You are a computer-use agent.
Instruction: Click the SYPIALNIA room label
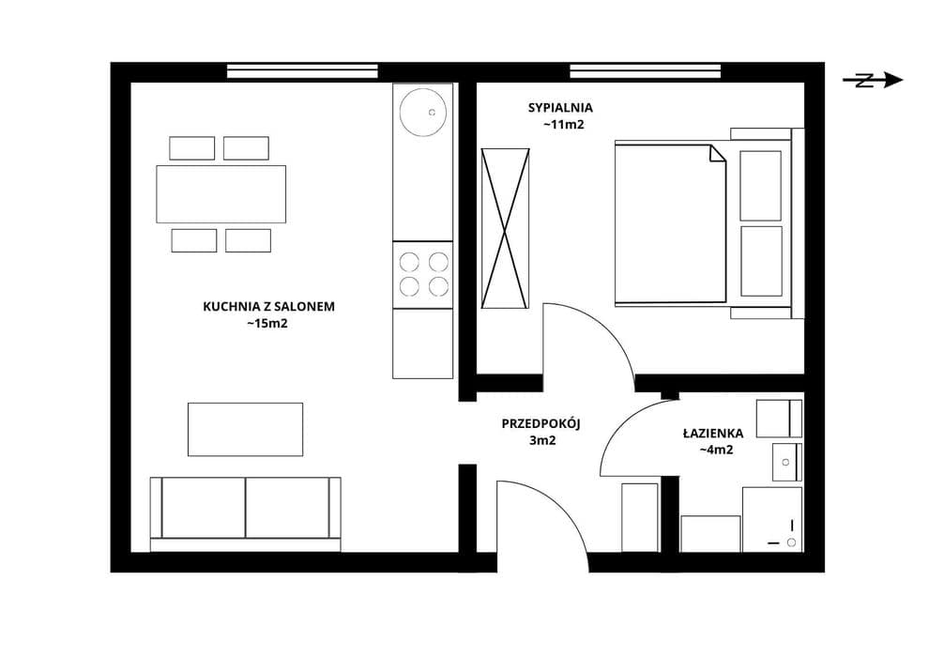pyautogui.click(x=560, y=108)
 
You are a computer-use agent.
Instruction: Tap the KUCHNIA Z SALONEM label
pyautogui.click(x=269, y=306)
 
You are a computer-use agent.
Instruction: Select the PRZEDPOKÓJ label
pyautogui.click(x=541, y=423)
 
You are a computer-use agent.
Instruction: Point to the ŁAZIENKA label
pyautogui.click(x=713, y=433)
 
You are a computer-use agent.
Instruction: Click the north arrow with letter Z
pyautogui.click(x=873, y=80)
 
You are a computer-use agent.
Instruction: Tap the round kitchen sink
pyautogui.click(x=422, y=112)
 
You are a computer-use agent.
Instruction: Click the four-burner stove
pyautogui.click(x=422, y=274)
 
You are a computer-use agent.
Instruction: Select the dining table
pyautogui.click(x=221, y=194)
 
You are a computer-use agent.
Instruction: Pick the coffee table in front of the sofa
pyautogui.click(x=245, y=430)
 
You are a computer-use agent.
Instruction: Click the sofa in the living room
pyautogui.click(x=245, y=514)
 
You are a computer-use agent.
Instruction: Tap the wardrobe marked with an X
pyautogui.click(x=505, y=229)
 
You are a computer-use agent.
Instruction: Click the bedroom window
pyautogui.click(x=646, y=71)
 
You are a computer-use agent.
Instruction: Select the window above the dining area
pyautogui.click(x=302, y=71)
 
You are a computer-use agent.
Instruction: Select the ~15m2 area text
pyautogui.click(x=267, y=324)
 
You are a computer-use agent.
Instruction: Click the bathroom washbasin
pyautogui.click(x=786, y=462)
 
